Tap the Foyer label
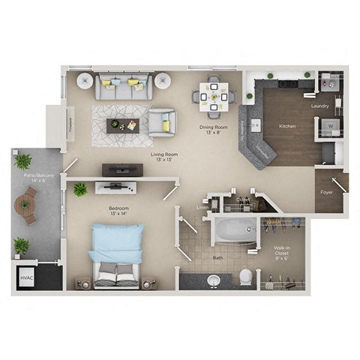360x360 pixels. tap(327, 191)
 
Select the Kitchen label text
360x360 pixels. tap(286, 126)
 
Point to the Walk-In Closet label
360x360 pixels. tap(281, 250)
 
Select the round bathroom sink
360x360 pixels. tap(213, 280)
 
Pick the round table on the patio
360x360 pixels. tap(29, 203)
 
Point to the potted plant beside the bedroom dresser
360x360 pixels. tap(79, 189)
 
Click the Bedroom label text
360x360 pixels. tap(118, 210)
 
